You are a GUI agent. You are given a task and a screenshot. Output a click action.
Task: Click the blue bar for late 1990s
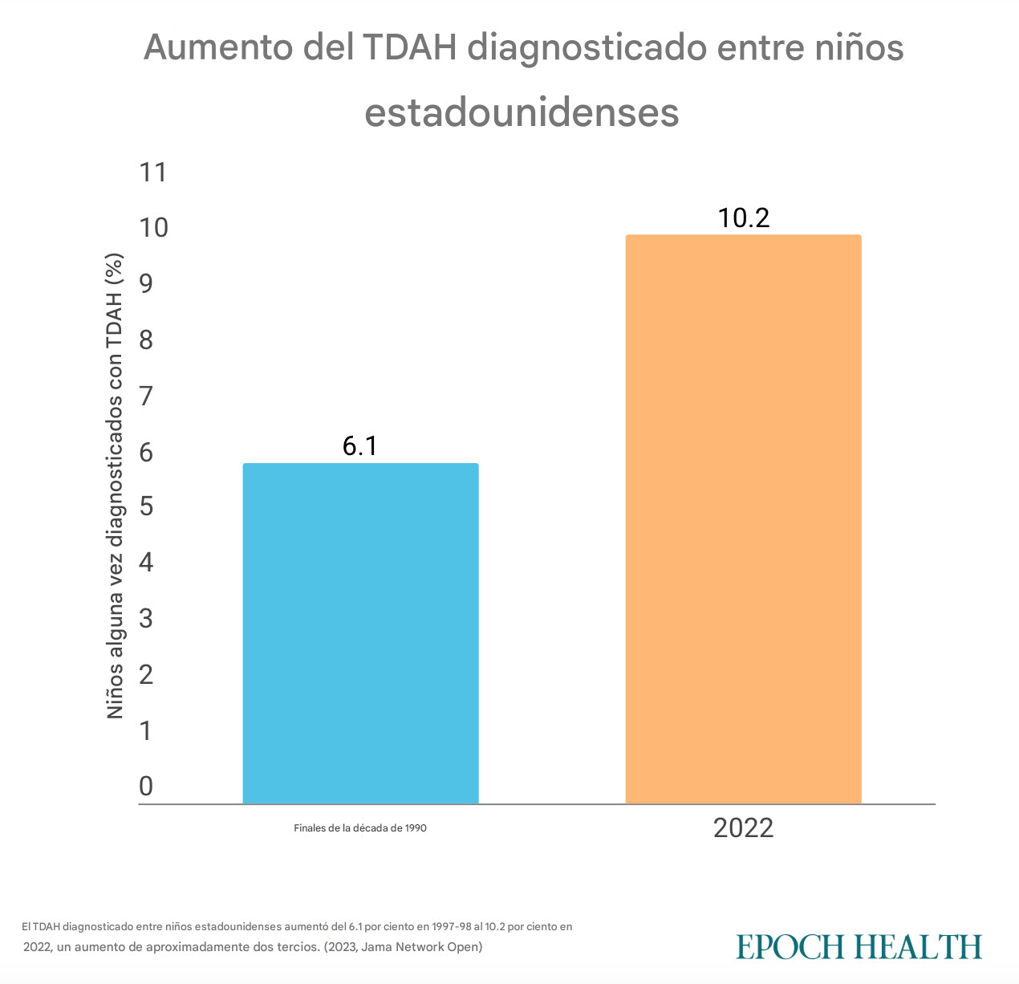360,633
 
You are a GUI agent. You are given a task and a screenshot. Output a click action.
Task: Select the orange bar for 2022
743,519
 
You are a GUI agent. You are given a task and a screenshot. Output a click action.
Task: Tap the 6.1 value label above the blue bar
359,446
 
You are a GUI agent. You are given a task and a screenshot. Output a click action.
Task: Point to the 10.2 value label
744,218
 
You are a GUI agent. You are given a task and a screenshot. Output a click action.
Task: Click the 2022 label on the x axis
743,827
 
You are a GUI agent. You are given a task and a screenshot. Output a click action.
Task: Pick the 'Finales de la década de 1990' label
360,827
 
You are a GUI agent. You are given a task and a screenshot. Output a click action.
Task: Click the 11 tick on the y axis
152,172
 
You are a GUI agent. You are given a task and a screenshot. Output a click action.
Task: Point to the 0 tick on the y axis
145,786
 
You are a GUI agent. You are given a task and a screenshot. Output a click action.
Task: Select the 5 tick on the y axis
145,507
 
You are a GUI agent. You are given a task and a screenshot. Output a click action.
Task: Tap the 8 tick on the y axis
145,340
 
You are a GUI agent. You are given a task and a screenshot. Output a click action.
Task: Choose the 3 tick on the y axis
145,619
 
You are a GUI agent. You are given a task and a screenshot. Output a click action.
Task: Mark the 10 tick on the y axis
152,228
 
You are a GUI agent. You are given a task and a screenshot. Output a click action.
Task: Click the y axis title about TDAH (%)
116,486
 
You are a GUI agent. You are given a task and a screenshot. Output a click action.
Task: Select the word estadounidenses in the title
522,112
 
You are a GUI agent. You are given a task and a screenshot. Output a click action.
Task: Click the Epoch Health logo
859,946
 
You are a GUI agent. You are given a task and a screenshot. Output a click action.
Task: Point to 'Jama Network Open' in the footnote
421,947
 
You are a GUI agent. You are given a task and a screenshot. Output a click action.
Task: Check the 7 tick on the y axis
145,396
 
